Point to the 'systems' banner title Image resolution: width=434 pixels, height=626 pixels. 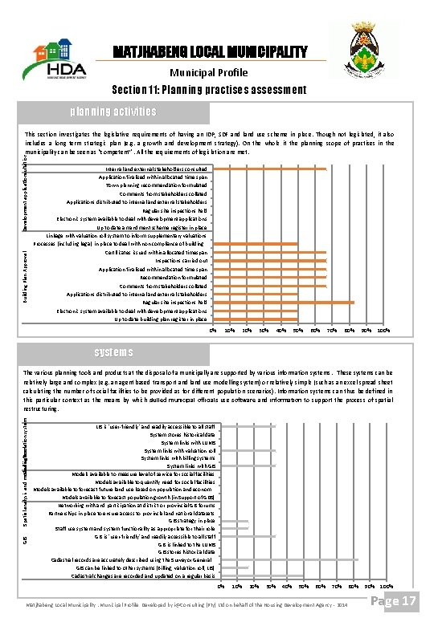(113, 352)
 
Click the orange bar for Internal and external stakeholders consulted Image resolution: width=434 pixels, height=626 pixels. (268, 169)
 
